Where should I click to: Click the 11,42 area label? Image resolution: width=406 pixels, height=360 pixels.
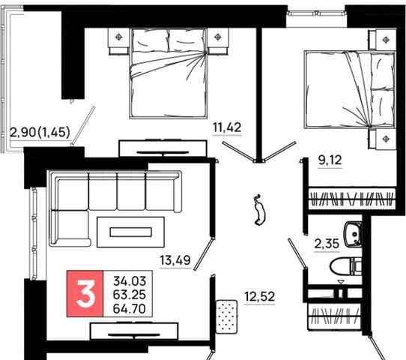click(x=227, y=127)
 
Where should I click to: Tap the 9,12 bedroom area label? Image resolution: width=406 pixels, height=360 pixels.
click(x=330, y=160)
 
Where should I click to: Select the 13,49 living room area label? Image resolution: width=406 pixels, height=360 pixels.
click(x=175, y=260)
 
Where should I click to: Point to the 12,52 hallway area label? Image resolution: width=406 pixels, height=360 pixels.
click(x=260, y=296)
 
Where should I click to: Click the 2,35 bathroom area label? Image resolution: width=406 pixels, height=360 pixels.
click(x=327, y=244)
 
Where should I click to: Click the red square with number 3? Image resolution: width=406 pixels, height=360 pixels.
click(x=85, y=294)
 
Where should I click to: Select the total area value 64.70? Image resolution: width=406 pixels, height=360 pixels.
click(x=130, y=309)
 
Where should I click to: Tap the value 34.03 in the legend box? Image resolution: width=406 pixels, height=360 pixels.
click(x=130, y=281)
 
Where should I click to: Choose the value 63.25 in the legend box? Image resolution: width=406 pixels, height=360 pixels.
click(x=130, y=295)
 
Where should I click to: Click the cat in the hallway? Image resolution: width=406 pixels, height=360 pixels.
click(x=259, y=210)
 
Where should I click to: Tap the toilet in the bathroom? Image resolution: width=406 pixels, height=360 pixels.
click(x=346, y=266)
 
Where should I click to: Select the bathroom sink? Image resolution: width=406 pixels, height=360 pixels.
click(x=353, y=234)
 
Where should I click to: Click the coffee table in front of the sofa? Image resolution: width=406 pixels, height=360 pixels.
click(x=130, y=232)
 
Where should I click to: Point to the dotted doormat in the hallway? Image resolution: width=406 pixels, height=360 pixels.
click(x=227, y=316)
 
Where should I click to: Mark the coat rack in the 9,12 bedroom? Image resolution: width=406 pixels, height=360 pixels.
click(x=352, y=199)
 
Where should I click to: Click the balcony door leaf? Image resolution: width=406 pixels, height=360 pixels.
click(x=83, y=126)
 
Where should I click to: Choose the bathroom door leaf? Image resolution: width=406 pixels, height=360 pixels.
click(x=297, y=253)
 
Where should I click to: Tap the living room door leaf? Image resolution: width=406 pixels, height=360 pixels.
click(x=204, y=254)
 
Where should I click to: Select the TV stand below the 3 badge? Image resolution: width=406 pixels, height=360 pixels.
click(x=134, y=331)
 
